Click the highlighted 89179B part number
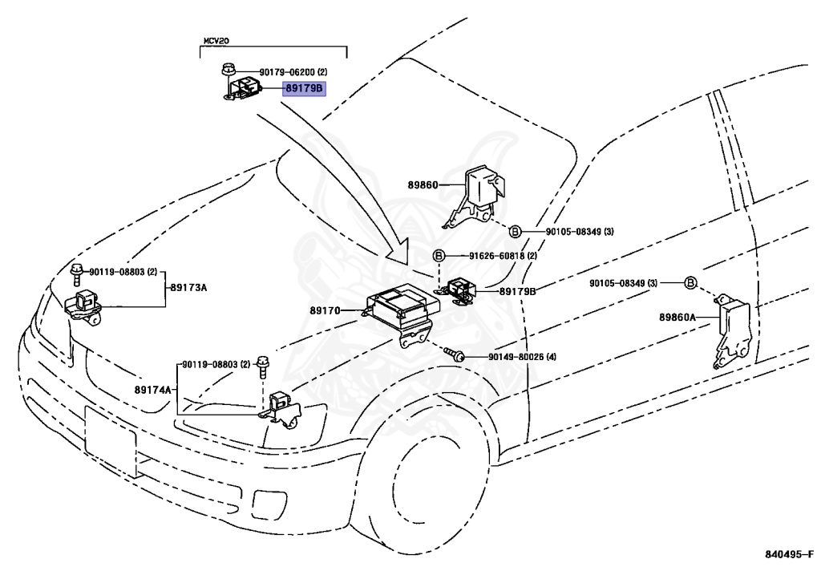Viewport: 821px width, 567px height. (303, 88)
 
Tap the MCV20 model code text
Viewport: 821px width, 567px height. (215, 40)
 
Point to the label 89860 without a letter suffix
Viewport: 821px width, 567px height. (423, 184)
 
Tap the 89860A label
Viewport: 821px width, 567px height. (677, 318)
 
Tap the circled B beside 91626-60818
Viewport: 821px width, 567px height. (439, 256)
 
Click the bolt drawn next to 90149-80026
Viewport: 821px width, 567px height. (455, 354)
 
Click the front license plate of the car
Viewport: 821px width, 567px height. (111, 439)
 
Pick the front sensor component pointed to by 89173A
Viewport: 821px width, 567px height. (83, 306)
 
